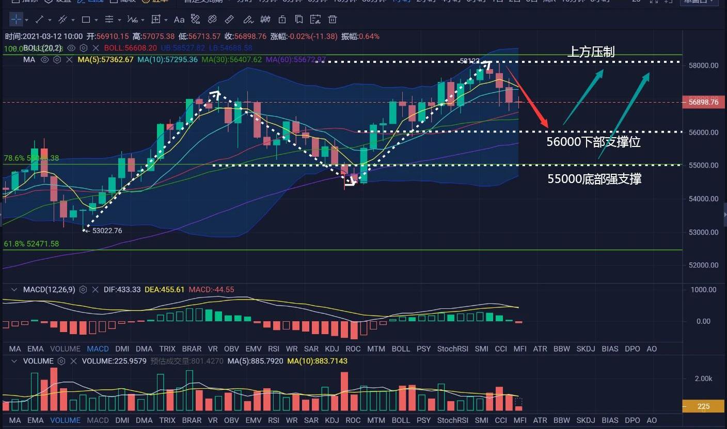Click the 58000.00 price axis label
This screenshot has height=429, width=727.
(x=703, y=65)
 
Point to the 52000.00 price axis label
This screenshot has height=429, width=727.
(x=703, y=265)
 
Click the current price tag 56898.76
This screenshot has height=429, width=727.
(x=703, y=102)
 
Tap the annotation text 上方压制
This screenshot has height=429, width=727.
(x=591, y=52)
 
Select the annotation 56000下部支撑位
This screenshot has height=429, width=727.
(x=593, y=142)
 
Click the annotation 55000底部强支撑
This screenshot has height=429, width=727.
(x=594, y=179)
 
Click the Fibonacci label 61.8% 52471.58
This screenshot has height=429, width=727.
(x=31, y=243)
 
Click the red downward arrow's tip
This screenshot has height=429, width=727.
(x=547, y=126)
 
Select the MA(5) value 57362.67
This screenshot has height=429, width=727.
(x=106, y=59)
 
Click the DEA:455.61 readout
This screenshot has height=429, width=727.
(x=164, y=290)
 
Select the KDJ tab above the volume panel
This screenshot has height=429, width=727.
(x=332, y=349)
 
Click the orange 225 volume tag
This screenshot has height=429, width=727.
(x=703, y=406)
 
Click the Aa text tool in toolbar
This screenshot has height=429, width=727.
(x=179, y=20)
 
